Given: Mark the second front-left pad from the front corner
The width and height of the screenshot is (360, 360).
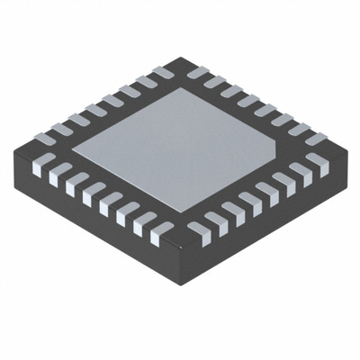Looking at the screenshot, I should tap(138, 224).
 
